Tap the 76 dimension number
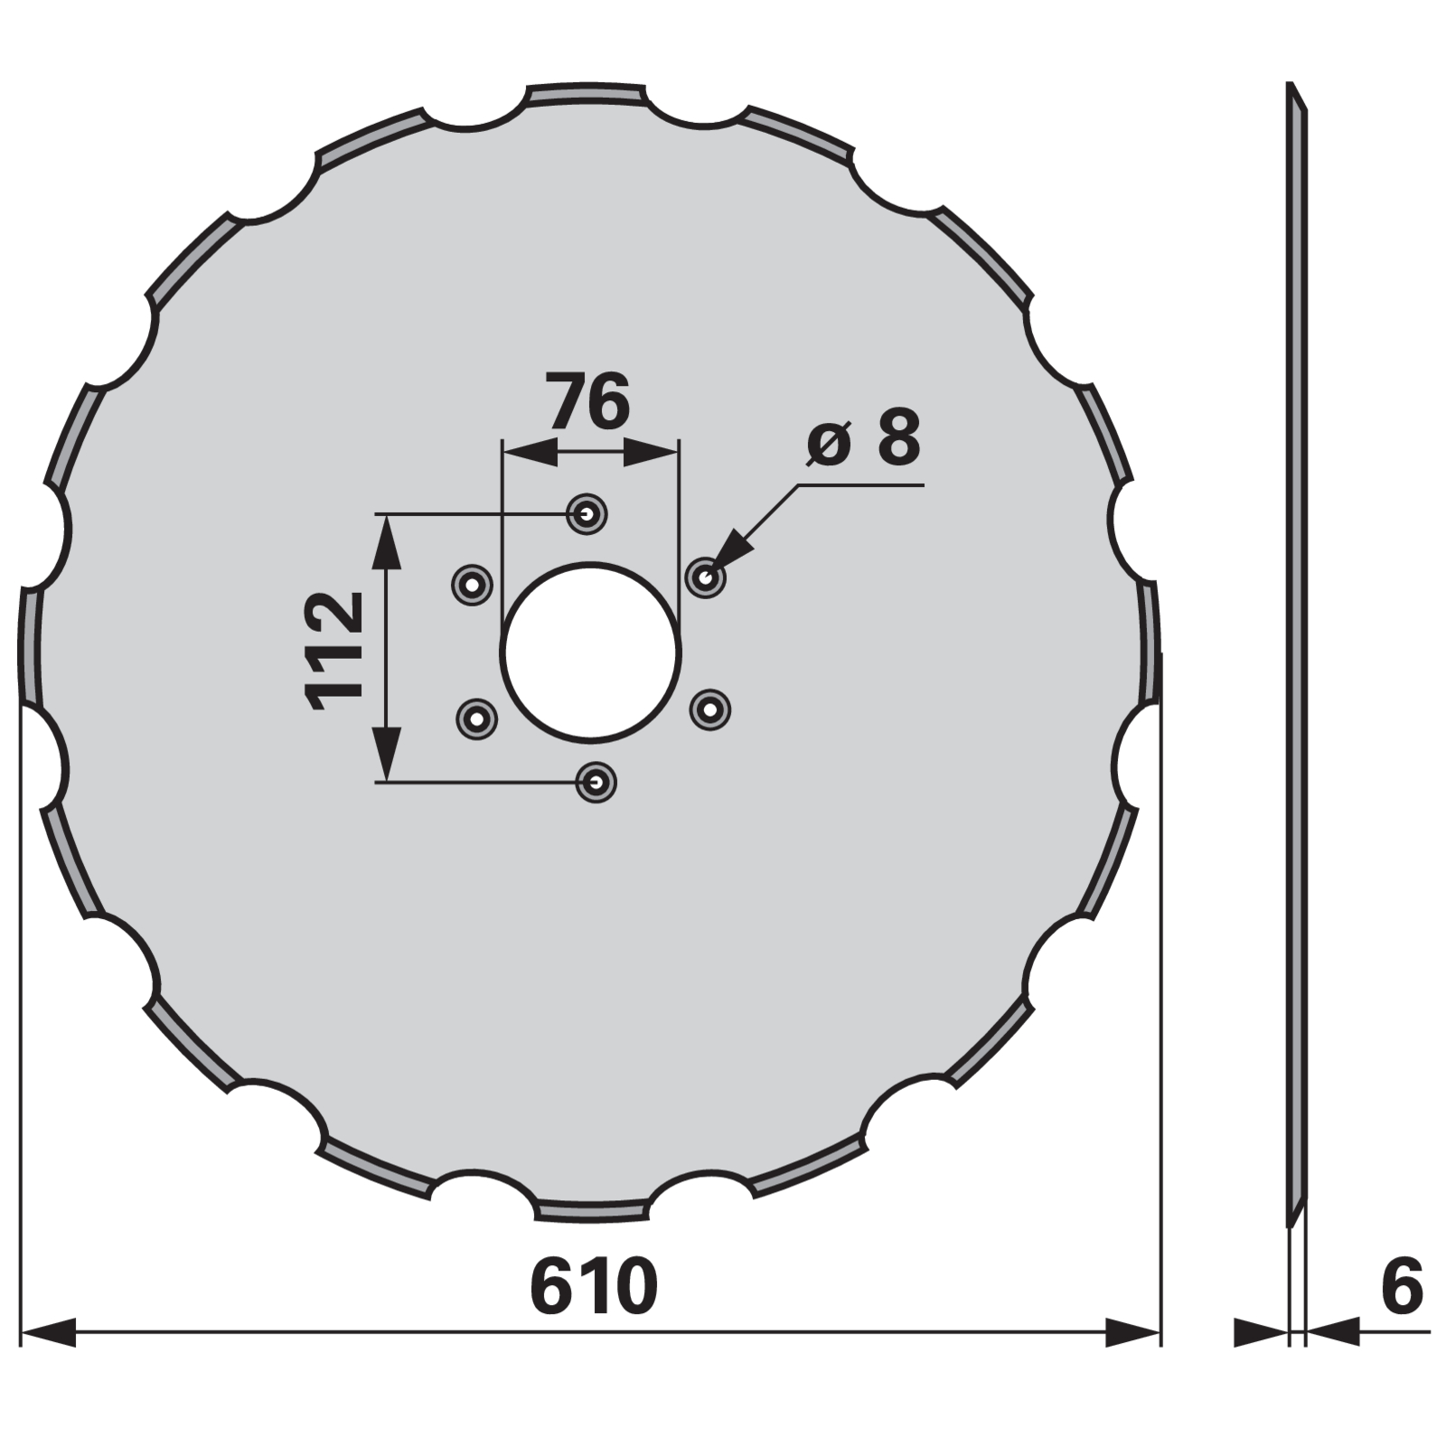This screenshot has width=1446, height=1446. (x=588, y=402)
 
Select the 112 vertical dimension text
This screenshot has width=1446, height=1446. (x=335, y=651)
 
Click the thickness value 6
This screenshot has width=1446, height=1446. (x=1402, y=1286)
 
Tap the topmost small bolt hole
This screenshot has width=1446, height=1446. (x=587, y=514)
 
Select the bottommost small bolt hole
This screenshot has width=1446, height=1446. (x=596, y=782)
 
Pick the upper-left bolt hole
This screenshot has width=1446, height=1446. (x=472, y=585)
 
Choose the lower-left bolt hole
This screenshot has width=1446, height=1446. (x=476, y=719)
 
